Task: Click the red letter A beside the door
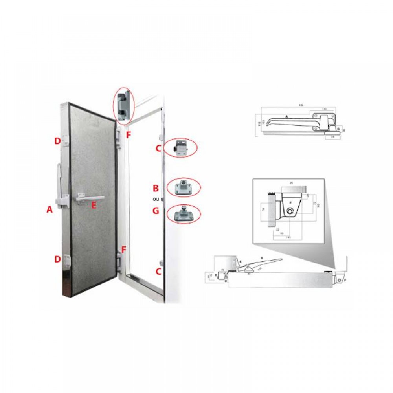coord(50,210)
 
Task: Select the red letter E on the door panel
coord(94,205)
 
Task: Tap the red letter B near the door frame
coord(156,187)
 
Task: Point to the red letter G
coord(156,211)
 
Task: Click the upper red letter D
coord(58,140)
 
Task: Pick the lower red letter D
coord(58,259)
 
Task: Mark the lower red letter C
coord(158,271)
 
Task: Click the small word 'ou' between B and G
coord(156,199)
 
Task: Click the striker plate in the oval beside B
coord(183,187)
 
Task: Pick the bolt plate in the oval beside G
coord(183,215)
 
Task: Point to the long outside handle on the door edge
coord(59,185)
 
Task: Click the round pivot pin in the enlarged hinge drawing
coord(290,212)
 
